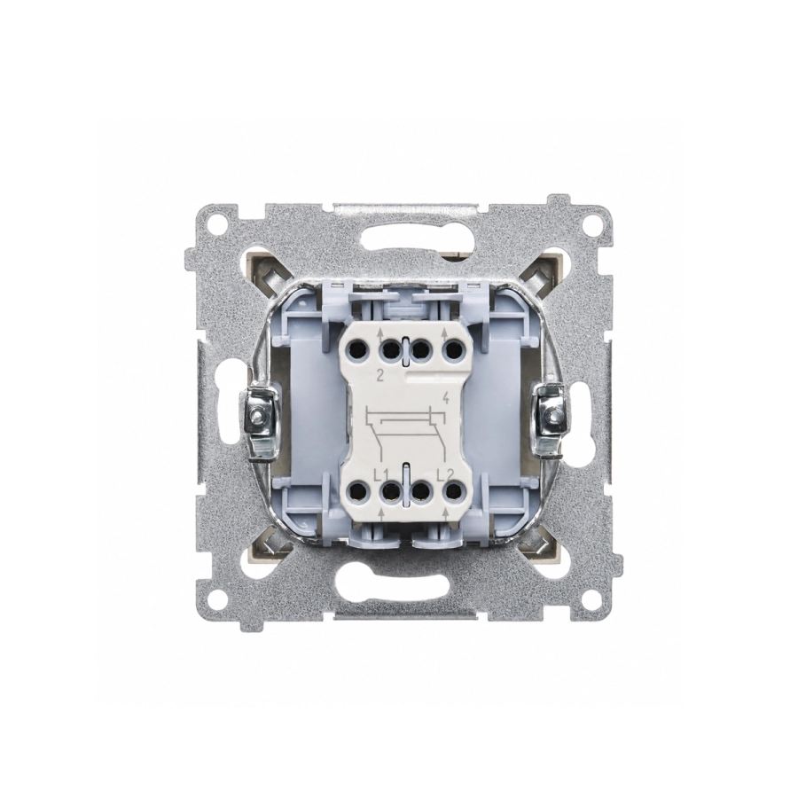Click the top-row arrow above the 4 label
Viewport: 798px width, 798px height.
(x=445, y=334)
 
